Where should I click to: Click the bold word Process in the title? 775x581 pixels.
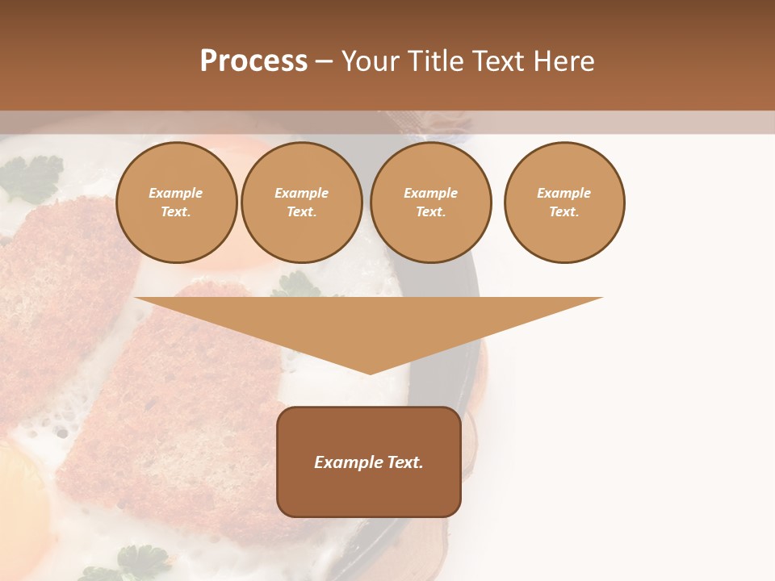pyautogui.click(x=253, y=61)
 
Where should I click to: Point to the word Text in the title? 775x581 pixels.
pyautogui.click(x=499, y=61)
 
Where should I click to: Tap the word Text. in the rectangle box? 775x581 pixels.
pyautogui.click(x=405, y=462)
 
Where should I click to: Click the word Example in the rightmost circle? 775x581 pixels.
pyautogui.click(x=564, y=193)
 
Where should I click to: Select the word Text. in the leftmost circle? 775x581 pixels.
pyautogui.click(x=176, y=211)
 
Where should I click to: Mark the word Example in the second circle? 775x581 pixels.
pyautogui.click(x=302, y=193)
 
